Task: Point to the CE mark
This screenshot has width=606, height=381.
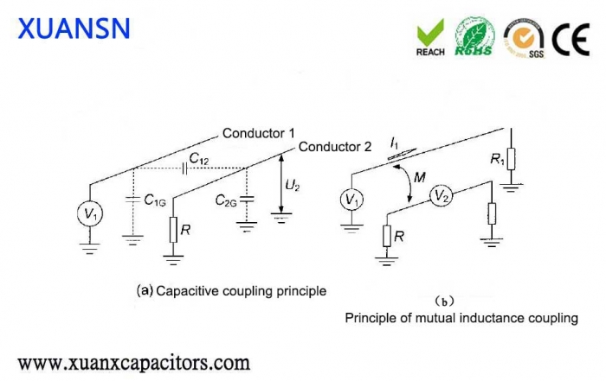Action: tap(571, 38)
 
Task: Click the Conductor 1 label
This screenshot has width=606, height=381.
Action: tap(259, 133)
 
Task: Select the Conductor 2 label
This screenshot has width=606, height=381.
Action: tap(335, 147)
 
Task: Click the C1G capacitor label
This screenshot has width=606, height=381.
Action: tap(156, 201)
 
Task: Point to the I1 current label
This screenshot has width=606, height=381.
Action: tap(395, 140)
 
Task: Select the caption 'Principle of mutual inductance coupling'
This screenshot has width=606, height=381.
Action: tap(461, 318)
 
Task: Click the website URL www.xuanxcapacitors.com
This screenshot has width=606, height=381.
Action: tap(134, 361)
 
